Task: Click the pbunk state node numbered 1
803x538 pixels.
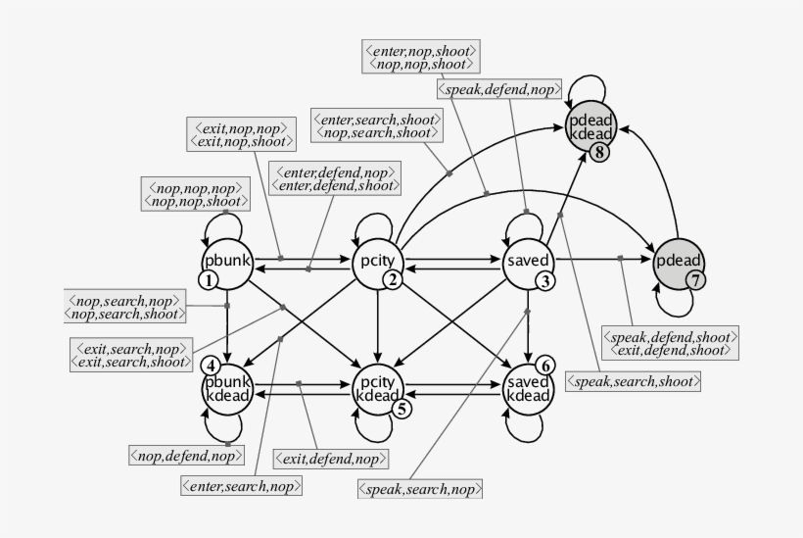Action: tap(227, 262)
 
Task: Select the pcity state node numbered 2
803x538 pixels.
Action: tap(378, 262)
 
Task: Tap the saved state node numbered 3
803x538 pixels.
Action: tap(529, 262)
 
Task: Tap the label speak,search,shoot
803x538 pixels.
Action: tap(634, 380)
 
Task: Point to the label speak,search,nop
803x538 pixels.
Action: tap(422, 487)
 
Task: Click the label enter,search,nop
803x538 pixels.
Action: tap(241, 484)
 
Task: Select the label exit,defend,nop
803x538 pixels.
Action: tap(331, 458)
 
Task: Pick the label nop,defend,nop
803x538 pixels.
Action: tap(186, 456)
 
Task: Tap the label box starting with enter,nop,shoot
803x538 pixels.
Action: tap(419, 55)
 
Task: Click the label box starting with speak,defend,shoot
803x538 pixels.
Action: tap(669, 340)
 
